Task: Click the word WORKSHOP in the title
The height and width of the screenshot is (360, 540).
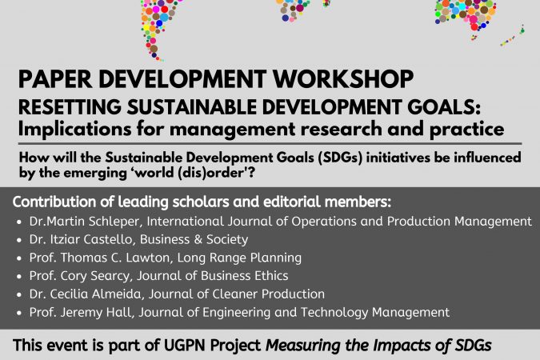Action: point(343,79)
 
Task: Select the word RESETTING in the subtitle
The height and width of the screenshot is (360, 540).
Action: point(70,106)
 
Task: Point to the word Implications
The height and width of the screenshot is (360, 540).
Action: point(74,130)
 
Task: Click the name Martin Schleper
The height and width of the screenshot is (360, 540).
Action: point(94,222)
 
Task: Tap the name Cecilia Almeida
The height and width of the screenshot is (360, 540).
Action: point(96,294)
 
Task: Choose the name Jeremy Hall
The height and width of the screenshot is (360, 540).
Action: point(96,312)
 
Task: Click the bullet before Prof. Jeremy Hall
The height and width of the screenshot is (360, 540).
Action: point(19,313)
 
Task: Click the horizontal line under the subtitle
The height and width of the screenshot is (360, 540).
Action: point(270,143)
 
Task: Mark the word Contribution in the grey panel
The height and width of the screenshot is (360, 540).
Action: point(54,202)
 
